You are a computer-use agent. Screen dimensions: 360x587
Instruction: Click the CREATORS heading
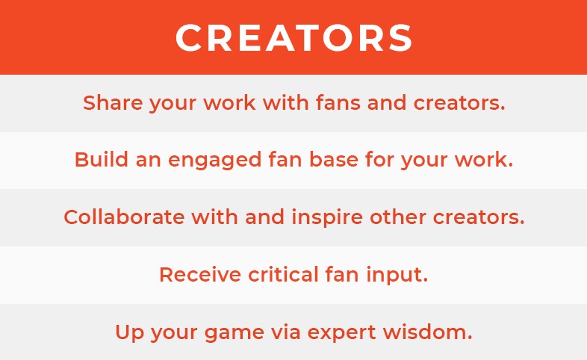point(293,37)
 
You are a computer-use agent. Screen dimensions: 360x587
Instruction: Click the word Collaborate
point(124,217)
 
